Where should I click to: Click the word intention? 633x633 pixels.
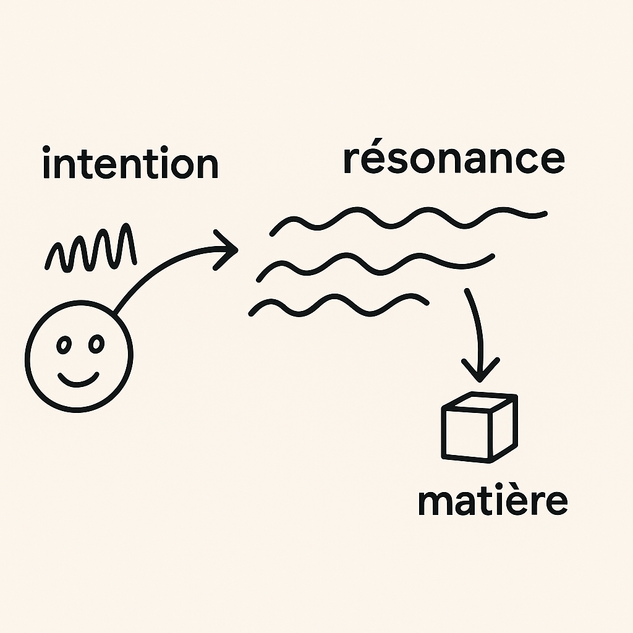[x=130, y=164]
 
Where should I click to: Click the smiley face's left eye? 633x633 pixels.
[x=63, y=345]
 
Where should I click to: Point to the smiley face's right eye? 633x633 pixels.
[x=96, y=344]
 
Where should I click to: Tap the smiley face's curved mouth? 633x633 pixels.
[x=79, y=379]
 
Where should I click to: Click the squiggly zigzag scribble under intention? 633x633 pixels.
[x=91, y=250]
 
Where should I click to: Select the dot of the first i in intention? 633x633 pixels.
[x=47, y=150]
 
